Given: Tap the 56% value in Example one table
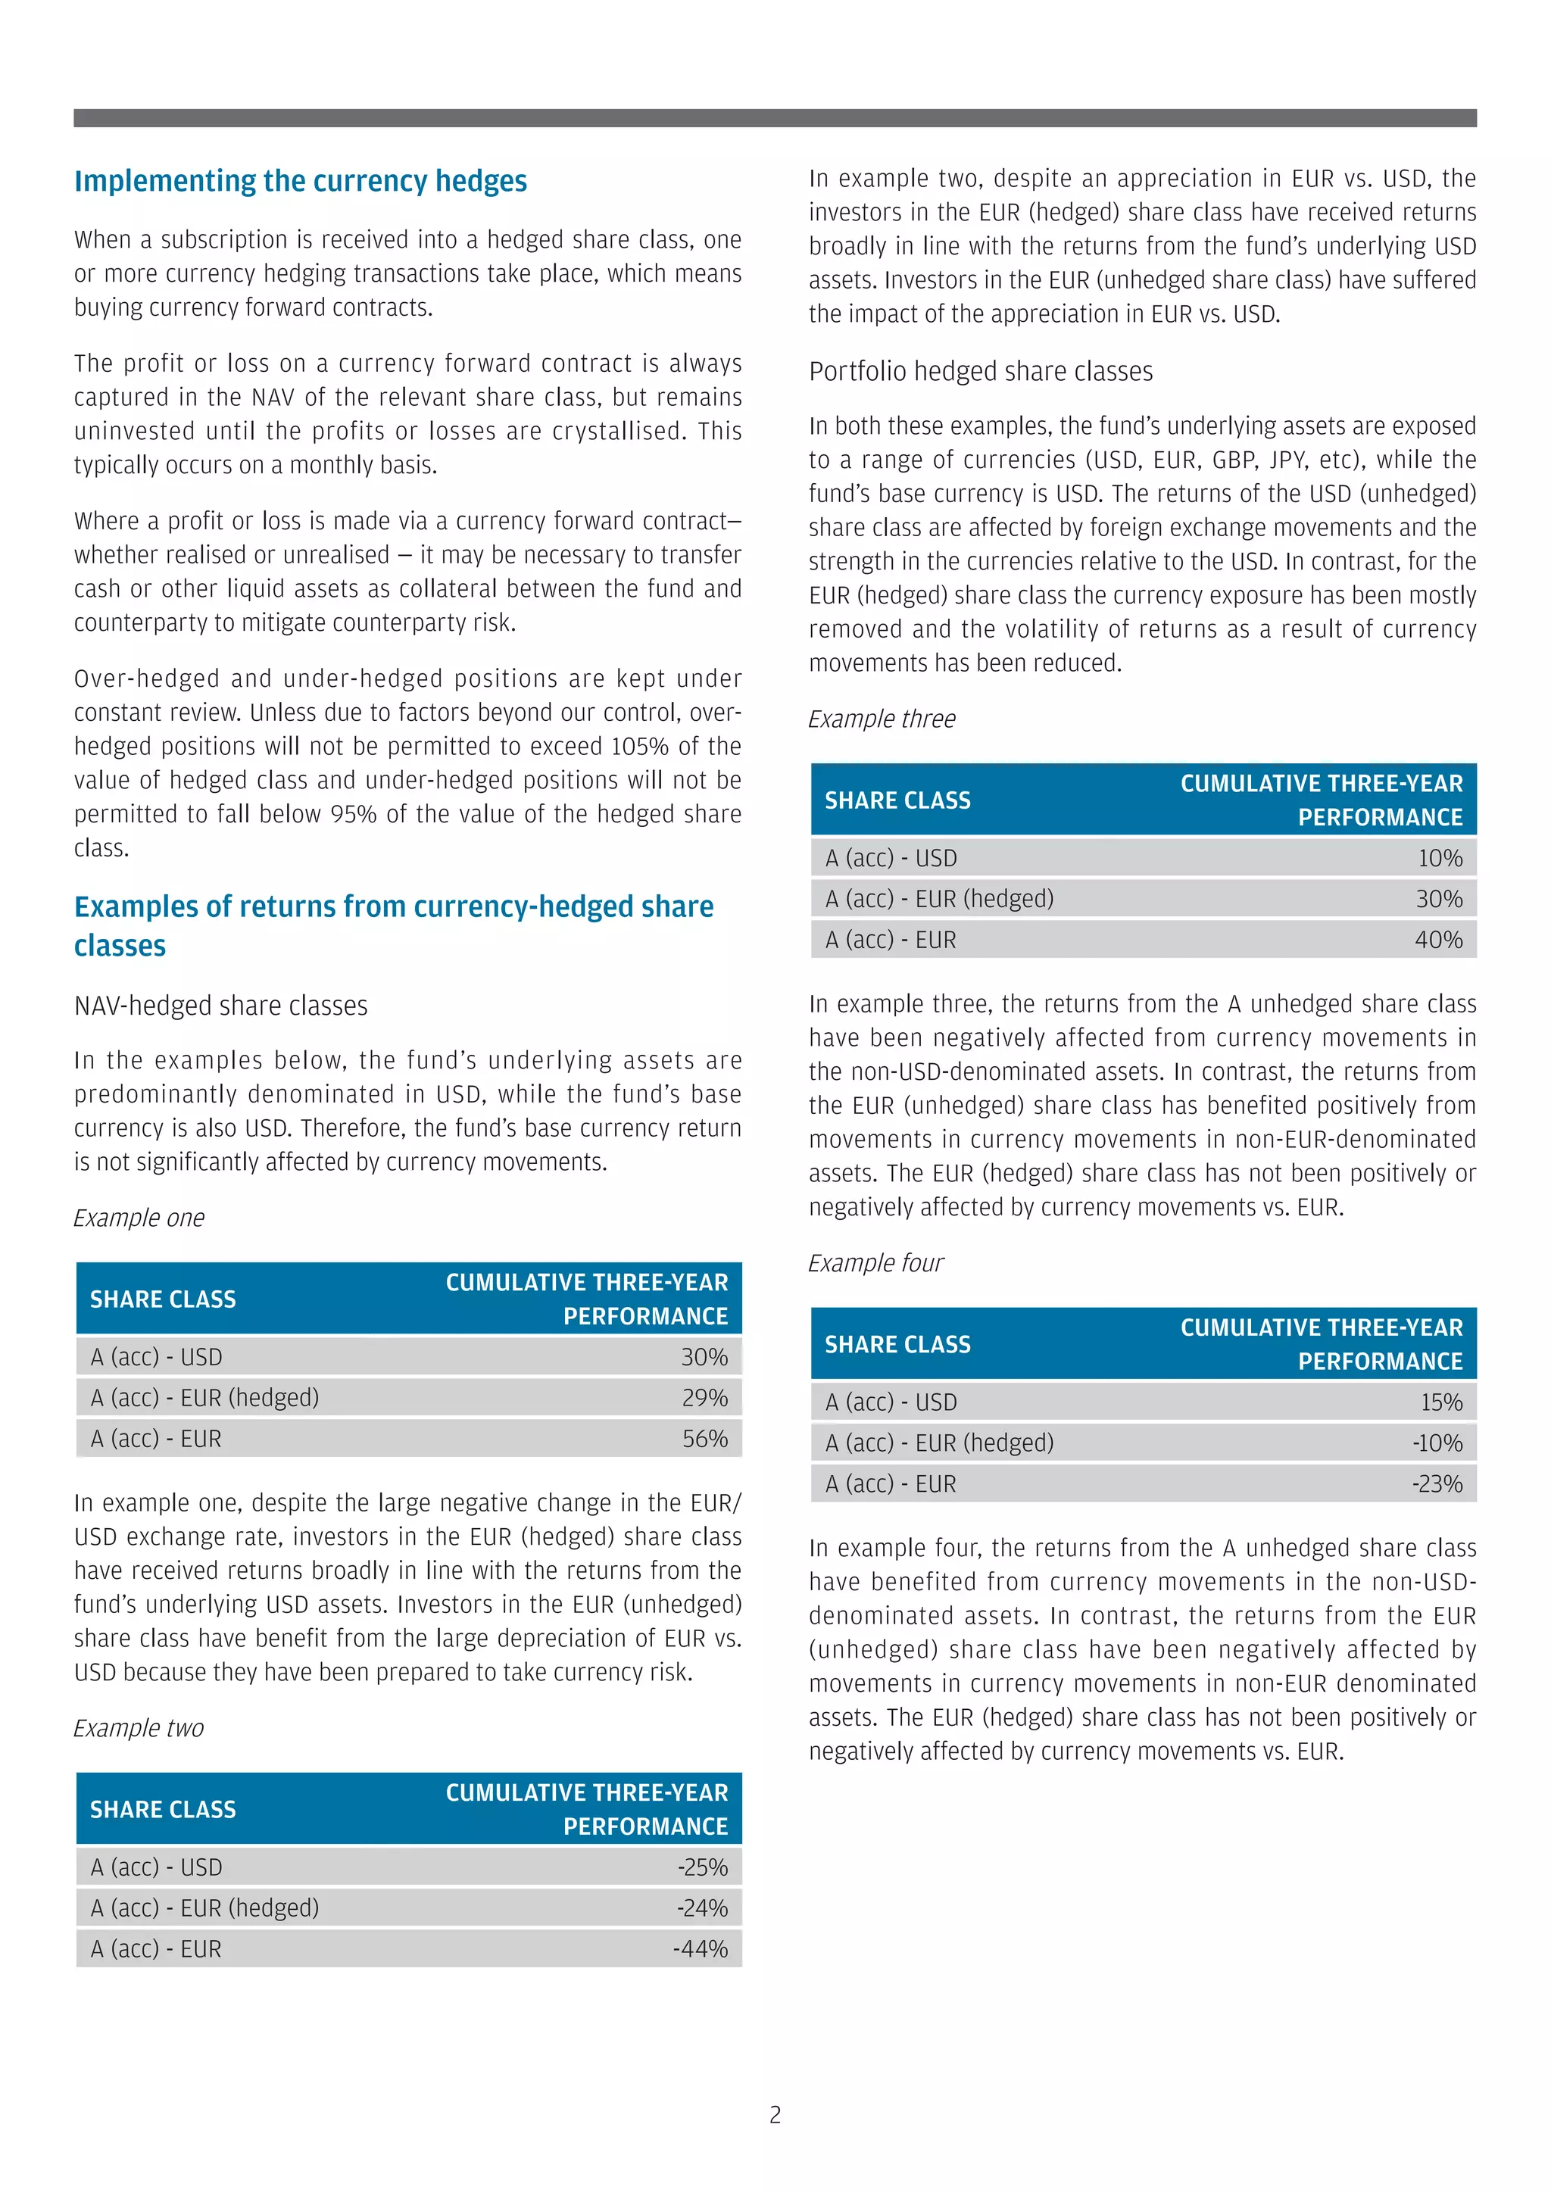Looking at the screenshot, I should pos(705,1439).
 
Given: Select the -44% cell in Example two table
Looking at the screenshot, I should pos(701,1948).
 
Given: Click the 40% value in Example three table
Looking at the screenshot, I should pos(1438,940).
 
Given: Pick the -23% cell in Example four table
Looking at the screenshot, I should pos(1437,1483).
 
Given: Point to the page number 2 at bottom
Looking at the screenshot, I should pos(775,2115).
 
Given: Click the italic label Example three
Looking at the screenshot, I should pos(882,719).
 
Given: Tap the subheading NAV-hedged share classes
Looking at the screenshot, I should pos(220,1005).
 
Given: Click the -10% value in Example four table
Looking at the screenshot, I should pos(1437,1443).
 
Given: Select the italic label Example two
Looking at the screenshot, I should pos(139,1728).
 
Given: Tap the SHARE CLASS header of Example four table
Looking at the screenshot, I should pos(897,1344).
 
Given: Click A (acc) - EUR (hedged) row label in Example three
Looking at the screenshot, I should pos(939,899).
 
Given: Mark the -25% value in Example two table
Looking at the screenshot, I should pos(703,1867).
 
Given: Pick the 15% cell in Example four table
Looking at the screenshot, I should pos(1441,1402).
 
